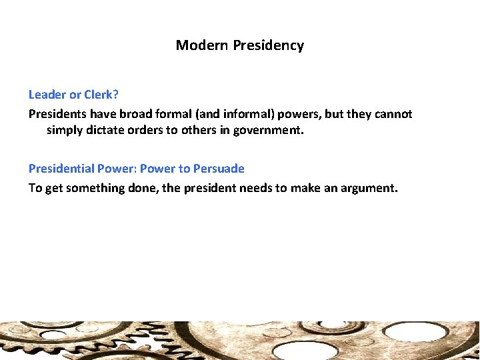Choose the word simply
tap(66, 131)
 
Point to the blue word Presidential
tap(62, 169)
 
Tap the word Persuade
tap(219, 169)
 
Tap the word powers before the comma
tap(315, 114)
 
